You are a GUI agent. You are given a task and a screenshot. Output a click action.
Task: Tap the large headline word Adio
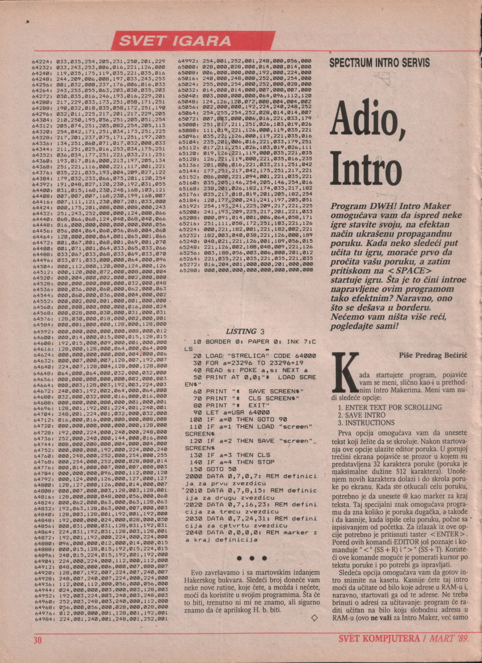point(369,118)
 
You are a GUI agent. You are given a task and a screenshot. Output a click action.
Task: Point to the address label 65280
point(188,271)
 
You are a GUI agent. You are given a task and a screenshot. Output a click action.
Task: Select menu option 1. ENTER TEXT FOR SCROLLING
point(390,407)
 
